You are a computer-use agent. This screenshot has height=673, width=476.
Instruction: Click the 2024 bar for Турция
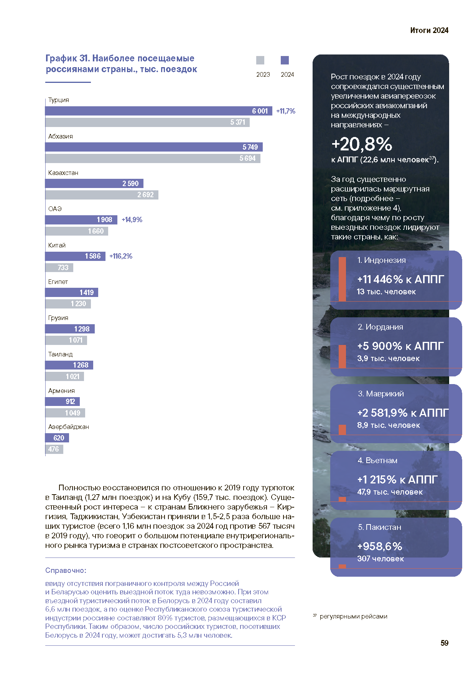[x=159, y=111]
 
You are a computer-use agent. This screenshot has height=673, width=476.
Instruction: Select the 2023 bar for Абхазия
[x=153, y=158]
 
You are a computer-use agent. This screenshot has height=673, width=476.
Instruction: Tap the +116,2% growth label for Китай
[x=121, y=256]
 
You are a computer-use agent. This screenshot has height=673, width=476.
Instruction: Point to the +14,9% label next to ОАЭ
[x=132, y=220]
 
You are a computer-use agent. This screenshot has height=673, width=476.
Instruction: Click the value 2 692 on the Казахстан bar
[x=145, y=195]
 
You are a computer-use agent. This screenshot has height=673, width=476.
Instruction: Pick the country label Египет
[x=58, y=282]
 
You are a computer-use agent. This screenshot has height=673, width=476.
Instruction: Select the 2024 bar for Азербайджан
[x=57, y=438]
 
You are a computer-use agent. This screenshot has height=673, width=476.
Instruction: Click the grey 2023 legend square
[x=260, y=60]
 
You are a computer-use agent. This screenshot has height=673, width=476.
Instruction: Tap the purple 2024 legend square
[x=285, y=60]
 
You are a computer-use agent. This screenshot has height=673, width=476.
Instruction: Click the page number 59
[x=445, y=643]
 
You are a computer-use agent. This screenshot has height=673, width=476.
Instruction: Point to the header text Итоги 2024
[x=429, y=30]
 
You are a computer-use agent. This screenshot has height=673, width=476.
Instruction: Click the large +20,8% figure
[x=362, y=144]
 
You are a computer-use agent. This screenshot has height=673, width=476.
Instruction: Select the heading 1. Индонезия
[x=381, y=260]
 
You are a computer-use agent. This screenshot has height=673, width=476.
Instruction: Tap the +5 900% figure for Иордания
[x=380, y=346]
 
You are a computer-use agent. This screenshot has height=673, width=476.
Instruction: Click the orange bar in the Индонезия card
[x=343, y=279]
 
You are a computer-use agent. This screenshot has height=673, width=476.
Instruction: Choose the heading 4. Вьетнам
[x=377, y=460]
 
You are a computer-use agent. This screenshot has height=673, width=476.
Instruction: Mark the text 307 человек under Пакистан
[x=380, y=559]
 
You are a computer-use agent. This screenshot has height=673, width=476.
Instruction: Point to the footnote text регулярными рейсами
[x=353, y=617]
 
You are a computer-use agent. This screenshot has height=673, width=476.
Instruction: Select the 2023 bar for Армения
[x=65, y=413]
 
